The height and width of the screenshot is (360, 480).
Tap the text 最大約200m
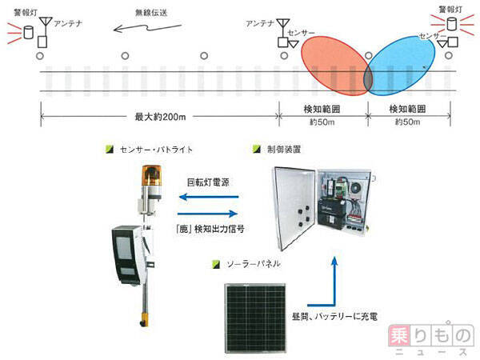(160, 118)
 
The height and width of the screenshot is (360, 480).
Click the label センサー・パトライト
(155, 149)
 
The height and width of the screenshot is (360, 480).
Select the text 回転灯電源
(208, 182)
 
